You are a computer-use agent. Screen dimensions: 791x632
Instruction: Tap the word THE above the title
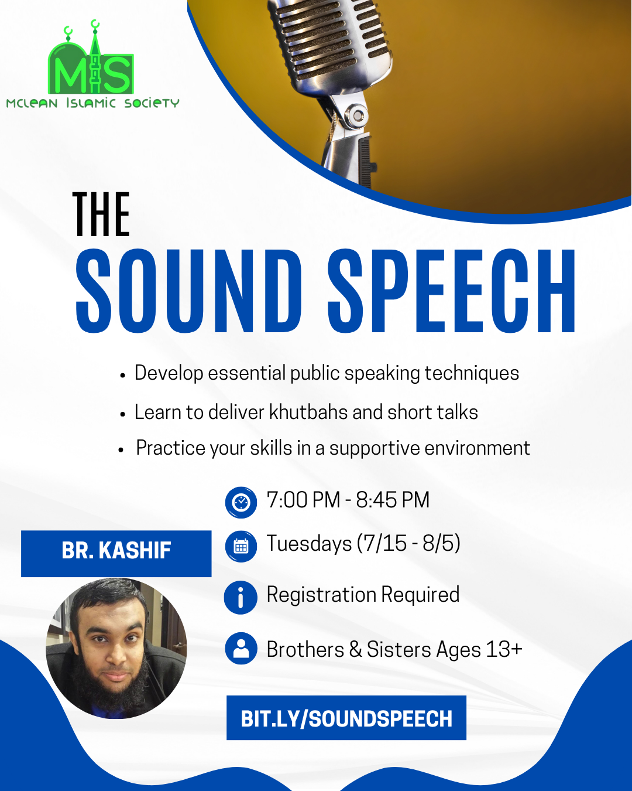(101, 215)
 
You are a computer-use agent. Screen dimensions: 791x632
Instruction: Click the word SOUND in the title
(188, 291)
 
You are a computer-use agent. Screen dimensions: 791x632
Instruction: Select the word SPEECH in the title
(451, 291)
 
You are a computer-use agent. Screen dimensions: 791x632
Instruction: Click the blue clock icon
(241, 502)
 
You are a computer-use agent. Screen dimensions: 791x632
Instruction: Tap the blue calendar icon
(241, 546)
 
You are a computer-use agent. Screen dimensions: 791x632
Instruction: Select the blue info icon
(241, 598)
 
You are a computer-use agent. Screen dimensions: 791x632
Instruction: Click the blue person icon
(241, 648)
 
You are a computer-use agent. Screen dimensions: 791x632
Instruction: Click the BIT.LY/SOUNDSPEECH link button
(346, 718)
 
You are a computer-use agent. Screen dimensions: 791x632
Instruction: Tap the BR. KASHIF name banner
(116, 553)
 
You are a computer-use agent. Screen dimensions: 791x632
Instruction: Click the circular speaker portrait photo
(116, 648)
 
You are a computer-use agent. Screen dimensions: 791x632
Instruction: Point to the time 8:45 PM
(393, 500)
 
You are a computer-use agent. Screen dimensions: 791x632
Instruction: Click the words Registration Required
(363, 595)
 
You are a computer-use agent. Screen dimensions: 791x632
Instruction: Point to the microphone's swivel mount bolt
(355, 115)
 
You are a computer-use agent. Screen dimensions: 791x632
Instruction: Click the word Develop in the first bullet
(169, 373)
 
